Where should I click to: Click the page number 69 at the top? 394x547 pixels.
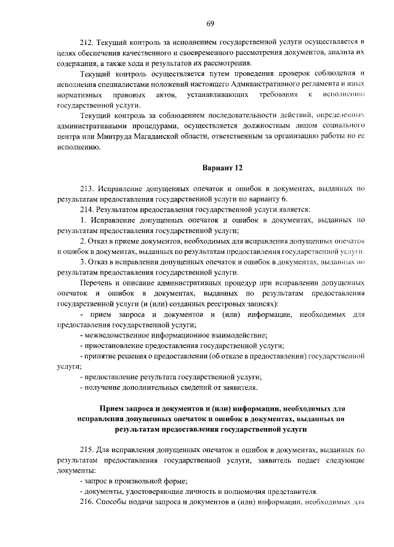click(x=210, y=23)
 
